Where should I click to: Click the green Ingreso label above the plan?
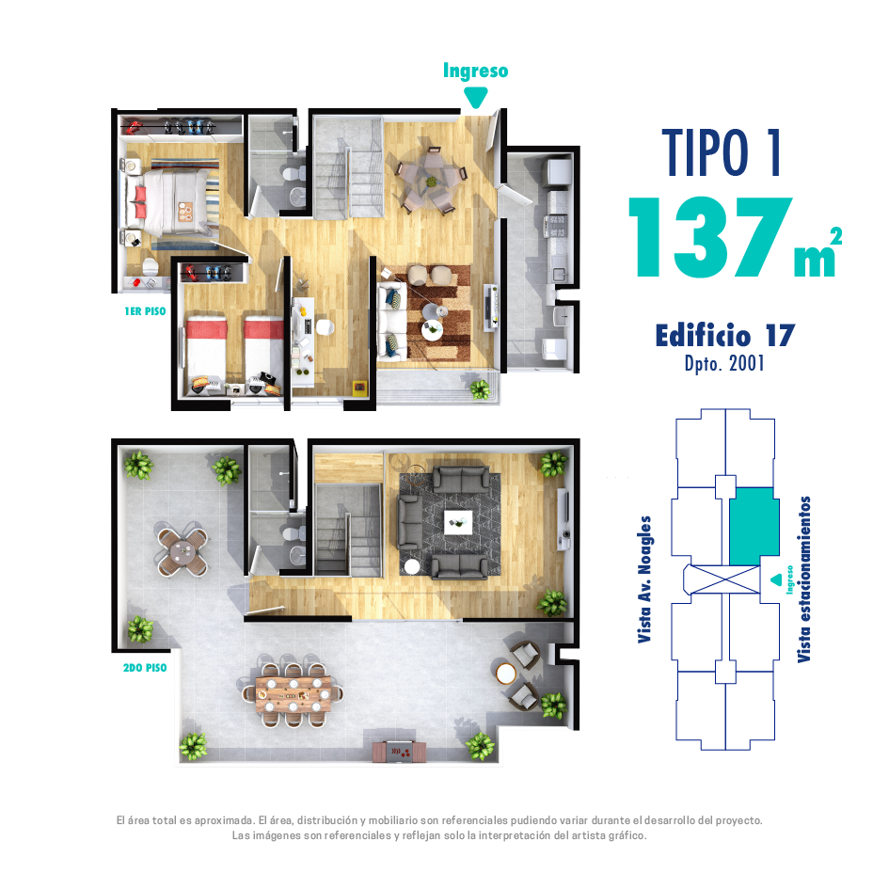click(x=475, y=71)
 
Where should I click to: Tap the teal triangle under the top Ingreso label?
click(x=475, y=99)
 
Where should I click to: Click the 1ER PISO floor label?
click(x=145, y=311)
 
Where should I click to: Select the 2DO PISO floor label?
click(x=145, y=668)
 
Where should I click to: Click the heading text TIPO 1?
click(x=722, y=152)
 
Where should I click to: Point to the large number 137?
click(x=711, y=238)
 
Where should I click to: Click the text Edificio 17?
click(x=725, y=336)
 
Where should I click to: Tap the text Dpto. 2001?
click(x=724, y=364)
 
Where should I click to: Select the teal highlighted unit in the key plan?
click(x=754, y=526)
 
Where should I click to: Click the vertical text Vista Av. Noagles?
click(x=644, y=579)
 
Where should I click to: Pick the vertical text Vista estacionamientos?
click(x=803, y=579)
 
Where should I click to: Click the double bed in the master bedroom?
click(x=170, y=202)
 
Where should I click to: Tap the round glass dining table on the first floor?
click(x=431, y=180)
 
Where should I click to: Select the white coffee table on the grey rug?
click(x=458, y=523)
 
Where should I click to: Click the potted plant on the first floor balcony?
click(x=480, y=388)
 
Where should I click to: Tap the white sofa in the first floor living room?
click(x=392, y=321)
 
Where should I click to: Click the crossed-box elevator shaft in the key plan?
click(x=725, y=579)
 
